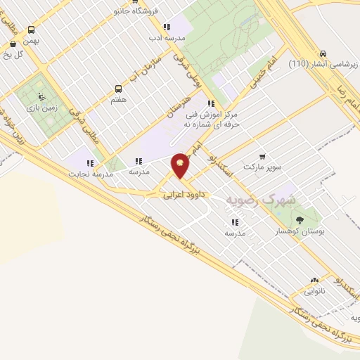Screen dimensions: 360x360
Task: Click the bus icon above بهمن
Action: pos(31,30)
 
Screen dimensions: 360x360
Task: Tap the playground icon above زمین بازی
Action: pos(41,96)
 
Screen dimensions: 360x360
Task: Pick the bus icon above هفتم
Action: pos(118,89)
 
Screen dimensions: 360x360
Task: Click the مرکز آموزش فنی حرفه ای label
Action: pos(212,119)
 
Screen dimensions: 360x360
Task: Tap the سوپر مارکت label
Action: pos(262,168)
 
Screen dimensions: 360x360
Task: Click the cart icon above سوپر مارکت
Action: pos(262,156)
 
